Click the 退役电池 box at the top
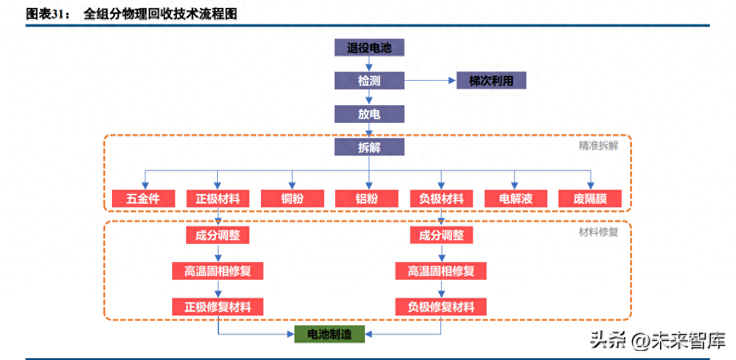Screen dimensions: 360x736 pyautogui.click(x=369, y=47)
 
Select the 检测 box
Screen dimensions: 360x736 pyautogui.click(x=369, y=80)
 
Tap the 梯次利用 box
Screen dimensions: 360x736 pyautogui.click(x=491, y=80)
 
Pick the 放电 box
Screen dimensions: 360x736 pyautogui.click(x=369, y=114)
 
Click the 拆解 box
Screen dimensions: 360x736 pyautogui.click(x=369, y=147)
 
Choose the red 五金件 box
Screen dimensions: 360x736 pyautogui.click(x=144, y=198)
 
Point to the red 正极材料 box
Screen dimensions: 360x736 pyautogui.click(x=218, y=198)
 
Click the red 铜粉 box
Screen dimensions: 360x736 pyautogui.click(x=292, y=198)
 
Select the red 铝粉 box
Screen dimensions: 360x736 pyautogui.click(x=367, y=198)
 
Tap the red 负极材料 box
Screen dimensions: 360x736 pyautogui.click(x=441, y=198)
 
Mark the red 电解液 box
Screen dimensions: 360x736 pyautogui.click(x=515, y=198)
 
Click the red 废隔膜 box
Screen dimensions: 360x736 pyautogui.click(x=590, y=198)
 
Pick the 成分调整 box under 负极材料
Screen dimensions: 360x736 pyautogui.click(x=441, y=235)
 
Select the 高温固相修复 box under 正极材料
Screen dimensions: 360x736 pyautogui.click(x=218, y=271)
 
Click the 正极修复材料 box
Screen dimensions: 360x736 pyautogui.click(x=218, y=306)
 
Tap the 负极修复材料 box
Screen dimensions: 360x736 pyautogui.click(x=441, y=306)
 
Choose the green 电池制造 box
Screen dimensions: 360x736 pyautogui.click(x=330, y=334)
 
